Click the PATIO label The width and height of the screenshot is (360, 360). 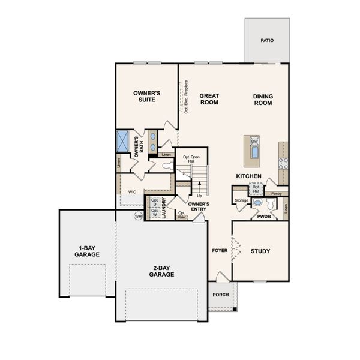point(267,41)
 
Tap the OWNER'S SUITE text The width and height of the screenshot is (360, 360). point(146,96)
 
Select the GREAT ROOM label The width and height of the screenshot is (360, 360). point(209,99)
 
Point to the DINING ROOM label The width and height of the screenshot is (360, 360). point(262,100)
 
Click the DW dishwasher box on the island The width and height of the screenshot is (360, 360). point(254,142)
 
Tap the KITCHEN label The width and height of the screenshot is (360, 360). point(248,176)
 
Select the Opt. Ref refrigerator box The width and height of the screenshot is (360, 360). point(256,189)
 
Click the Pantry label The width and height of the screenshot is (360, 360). point(276,194)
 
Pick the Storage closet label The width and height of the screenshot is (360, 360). point(241,200)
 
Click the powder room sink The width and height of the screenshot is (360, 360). point(258,203)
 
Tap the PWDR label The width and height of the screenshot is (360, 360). point(264,216)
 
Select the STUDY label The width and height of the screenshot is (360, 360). point(260,251)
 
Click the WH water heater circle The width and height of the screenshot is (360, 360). point(138,216)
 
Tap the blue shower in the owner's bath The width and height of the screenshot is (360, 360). point(122,142)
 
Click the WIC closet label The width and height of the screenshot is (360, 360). point(132,193)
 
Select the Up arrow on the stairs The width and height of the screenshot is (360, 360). point(199,195)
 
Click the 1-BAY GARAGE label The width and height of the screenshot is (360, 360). point(88,251)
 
